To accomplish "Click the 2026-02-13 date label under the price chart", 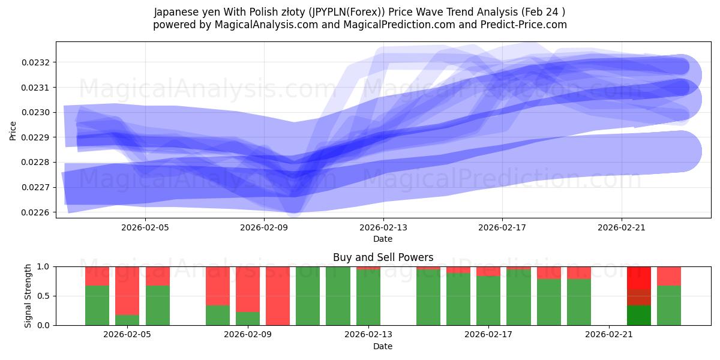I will pos(383,227).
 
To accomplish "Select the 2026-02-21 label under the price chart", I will pos(622,227).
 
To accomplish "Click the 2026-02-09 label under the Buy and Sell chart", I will pos(248,335).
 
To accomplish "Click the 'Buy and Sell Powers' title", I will pos(383,257).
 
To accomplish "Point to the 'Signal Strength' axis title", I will pos(28,296).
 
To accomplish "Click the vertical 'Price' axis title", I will pos(13,130).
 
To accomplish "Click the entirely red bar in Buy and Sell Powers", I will pos(278,296).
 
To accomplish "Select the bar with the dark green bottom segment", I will pos(639,315).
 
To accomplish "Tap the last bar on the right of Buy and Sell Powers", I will pos(669,296).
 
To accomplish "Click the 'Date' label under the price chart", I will pos(383,239).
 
